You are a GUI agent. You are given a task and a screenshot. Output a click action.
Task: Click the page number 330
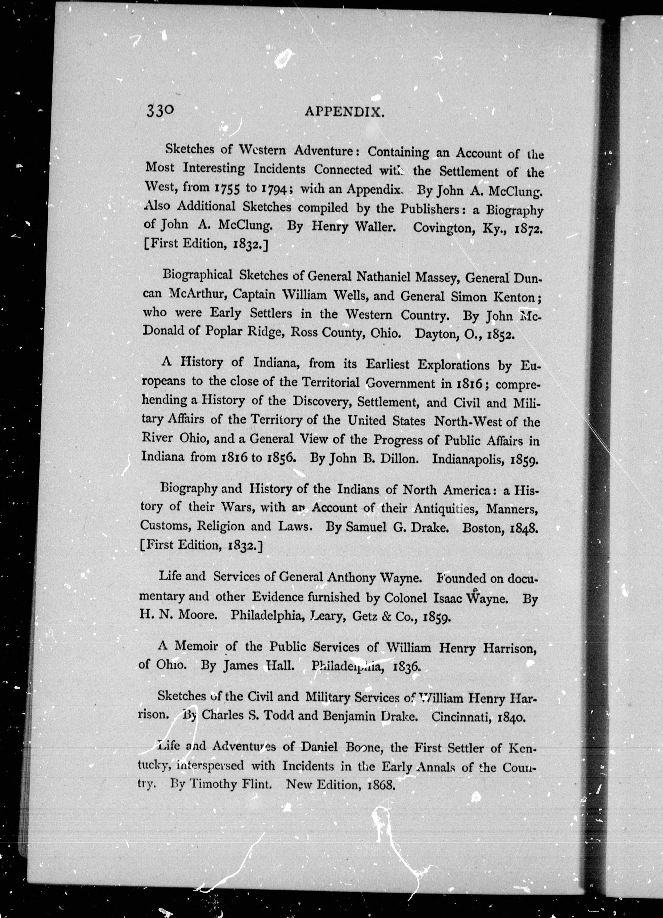pos(161,110)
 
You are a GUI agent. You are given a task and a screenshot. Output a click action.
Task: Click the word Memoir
pos(192,646)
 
